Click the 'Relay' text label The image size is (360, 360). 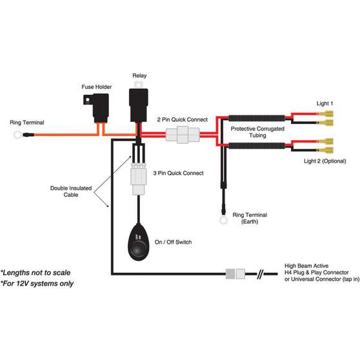pyautogui.click(x=140, y=75)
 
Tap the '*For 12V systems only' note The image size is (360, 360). pyautogui.click(x=37, y=283)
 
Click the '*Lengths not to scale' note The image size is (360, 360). pyautogui.click(x=35, y=272)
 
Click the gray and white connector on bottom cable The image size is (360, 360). pyautogui.click(x=235, y=274)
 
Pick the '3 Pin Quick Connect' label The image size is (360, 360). pyautogui.click(x=179, y=173)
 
